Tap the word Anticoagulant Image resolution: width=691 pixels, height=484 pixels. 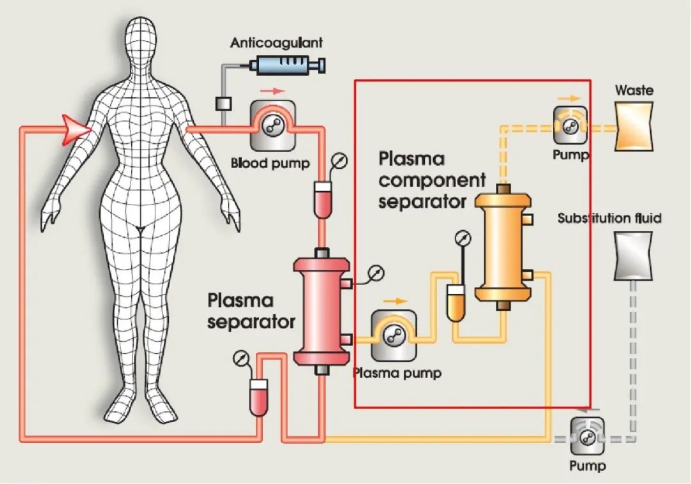pos(276,43)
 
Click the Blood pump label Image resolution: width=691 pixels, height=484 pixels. pos(270,163)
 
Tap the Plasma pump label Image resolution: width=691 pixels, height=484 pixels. pos(397,373)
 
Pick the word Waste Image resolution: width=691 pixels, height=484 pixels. pos(634,90)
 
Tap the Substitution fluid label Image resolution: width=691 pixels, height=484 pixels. pos(609,219)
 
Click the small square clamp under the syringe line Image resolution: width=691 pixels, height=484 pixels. pos(223,102)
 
